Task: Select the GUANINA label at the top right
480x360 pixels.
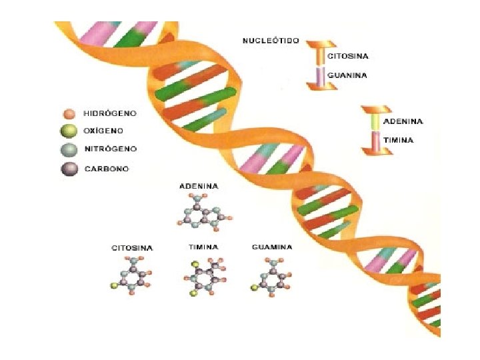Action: click(x=347, y=75)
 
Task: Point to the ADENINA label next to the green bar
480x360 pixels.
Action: click(x=403, y=121)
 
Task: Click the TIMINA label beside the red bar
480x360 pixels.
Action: click(x=399, y=141)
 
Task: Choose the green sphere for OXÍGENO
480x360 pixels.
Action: click(x=68, y=131)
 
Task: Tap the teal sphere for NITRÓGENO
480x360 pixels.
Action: click(x=68, y=149)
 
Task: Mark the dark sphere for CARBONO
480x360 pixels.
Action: click(x=68, y=169)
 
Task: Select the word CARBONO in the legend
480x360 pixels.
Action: click(x=106, y=169)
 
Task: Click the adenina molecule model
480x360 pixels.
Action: click(x=204, y=213)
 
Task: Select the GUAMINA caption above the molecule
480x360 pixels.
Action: click(x=272, y=247)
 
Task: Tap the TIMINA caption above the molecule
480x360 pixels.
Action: click(x=203, y=247)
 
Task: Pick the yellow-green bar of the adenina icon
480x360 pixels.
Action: click(x=376, y=121)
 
